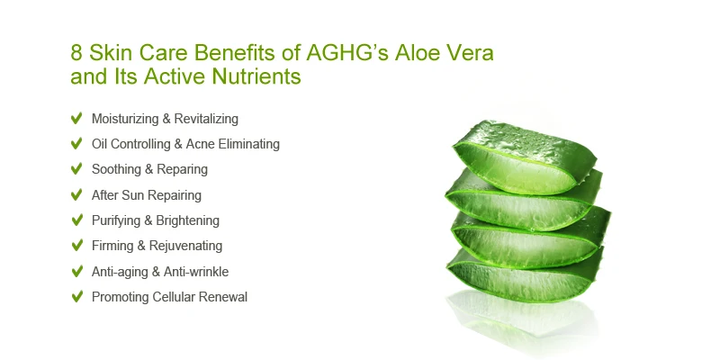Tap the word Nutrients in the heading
[x=256, y=77]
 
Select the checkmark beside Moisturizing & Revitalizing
[x=76, y=118]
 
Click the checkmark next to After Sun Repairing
[x=76, y=194]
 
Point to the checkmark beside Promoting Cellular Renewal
[x=76, y=296]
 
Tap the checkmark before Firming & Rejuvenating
[x=76, y=246]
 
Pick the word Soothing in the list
[x=117, y=169]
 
